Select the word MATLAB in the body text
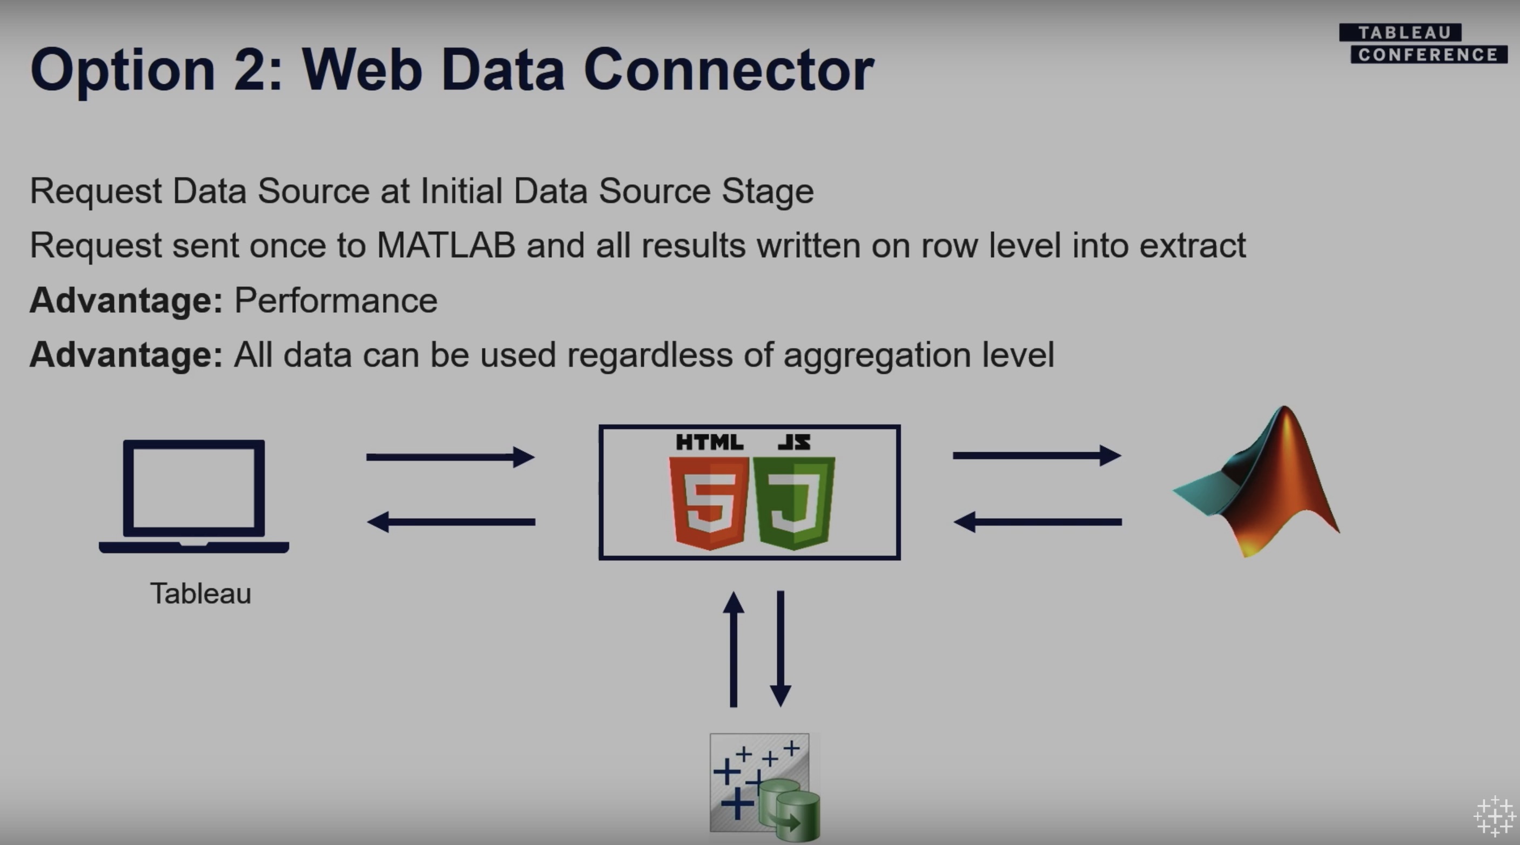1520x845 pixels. tap(446, 245)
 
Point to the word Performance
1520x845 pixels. tap(336, 300)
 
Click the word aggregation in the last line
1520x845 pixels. tap(877, 355)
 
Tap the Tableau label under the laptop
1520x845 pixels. tap(200, 594)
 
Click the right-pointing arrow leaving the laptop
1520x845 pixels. tap(450, 457)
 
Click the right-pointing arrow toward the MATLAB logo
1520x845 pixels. tap(1037, 455)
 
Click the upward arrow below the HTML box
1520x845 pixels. tap(734, 648)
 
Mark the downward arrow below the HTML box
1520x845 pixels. tap(781, 648)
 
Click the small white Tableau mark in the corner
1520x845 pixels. tap(1495, 817)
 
